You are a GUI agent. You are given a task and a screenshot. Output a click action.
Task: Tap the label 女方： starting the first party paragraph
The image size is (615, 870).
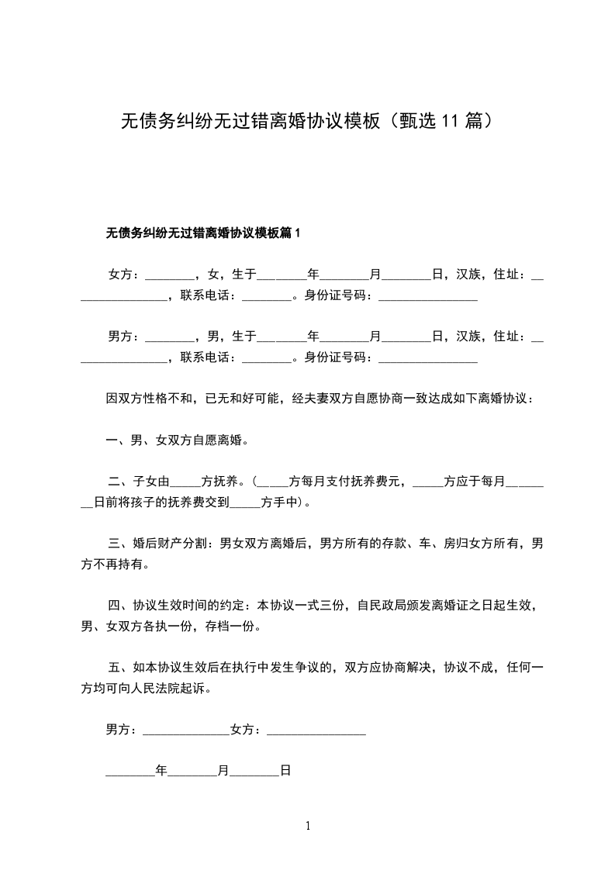pyautogui.click(x=123, y=274)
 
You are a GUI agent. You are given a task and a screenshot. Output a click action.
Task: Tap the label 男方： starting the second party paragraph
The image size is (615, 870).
pyautogui.click(x=123, y=337)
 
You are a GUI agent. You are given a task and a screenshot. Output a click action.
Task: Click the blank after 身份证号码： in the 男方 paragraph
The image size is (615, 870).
pyautogui.click(x=427, y=358)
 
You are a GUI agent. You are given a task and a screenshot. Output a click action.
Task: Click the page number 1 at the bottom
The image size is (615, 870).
pyautogui.click(x=308, y=826)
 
